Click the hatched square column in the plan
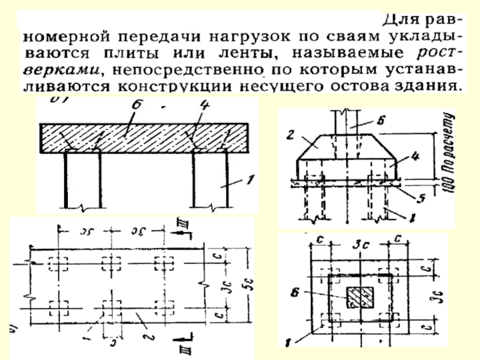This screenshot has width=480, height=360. click(x=360, y=295)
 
